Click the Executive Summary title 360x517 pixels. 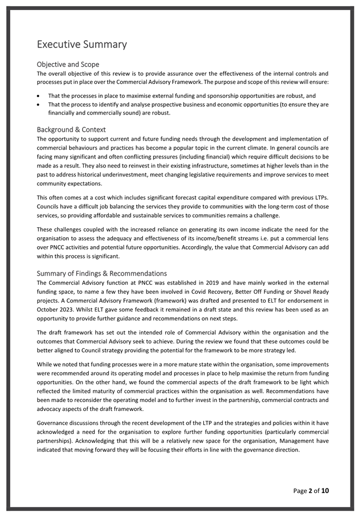tap(81, 44)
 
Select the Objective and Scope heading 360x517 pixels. tap(68, 65)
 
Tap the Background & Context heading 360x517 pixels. tap(71, 130)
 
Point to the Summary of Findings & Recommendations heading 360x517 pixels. tap(102, 274)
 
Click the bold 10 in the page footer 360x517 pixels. tap(325, 491)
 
